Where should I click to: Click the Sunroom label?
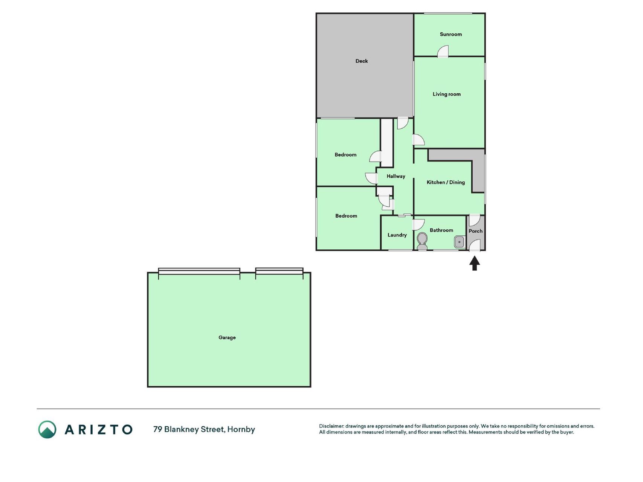pos(451,34)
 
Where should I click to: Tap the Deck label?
pos(362,61)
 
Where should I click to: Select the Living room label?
pos(446,94)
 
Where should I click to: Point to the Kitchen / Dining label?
pos(446,182)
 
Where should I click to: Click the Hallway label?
pos(396,176)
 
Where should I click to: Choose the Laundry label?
pos(397,235)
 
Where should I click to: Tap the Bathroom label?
pos(441,230)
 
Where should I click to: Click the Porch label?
pos(475,231)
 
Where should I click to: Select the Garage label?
pos(227,337)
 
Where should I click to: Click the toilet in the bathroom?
pos(422,241)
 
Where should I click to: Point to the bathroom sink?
pos(459,242)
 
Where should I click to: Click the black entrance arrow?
pos(475,263)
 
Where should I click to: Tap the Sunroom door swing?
pos(443,52)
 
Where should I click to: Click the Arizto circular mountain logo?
pos(47,430)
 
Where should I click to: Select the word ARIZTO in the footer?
pos(99,430)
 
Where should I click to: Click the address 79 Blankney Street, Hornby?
pos(204,429)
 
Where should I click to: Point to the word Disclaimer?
pos(331,426)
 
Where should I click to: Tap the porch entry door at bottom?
pos(474,245)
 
